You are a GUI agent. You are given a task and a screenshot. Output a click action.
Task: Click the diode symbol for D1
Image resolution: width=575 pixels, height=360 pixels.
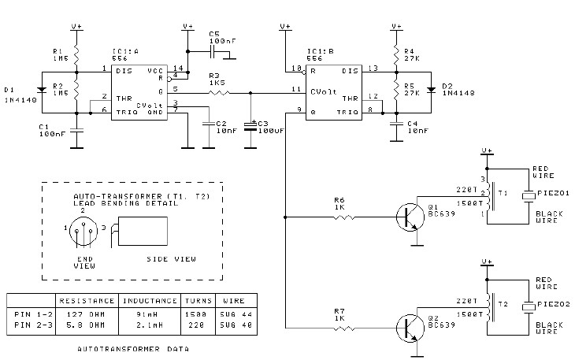42,90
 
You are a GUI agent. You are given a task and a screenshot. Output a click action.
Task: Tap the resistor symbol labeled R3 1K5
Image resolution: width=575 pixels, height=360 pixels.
220,93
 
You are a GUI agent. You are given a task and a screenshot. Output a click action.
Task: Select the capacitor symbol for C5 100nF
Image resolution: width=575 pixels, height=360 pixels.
213,52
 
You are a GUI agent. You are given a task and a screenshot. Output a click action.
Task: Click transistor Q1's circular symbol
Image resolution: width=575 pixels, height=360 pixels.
410,217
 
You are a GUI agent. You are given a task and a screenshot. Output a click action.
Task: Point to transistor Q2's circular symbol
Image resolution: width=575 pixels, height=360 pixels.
410,328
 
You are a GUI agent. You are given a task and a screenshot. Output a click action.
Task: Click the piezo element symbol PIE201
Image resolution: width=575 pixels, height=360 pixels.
529,195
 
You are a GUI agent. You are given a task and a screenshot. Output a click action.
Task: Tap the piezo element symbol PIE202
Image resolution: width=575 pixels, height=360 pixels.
529,307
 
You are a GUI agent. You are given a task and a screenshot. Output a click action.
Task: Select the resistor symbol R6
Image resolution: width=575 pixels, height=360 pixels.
344,217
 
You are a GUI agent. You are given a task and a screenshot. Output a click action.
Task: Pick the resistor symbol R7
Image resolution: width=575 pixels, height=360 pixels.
344,328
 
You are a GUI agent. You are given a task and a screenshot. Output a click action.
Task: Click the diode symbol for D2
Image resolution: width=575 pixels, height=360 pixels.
432,90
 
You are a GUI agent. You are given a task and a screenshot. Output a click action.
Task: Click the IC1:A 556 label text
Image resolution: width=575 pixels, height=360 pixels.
126,55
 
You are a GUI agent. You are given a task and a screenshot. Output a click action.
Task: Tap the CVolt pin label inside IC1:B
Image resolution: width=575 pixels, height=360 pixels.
324,91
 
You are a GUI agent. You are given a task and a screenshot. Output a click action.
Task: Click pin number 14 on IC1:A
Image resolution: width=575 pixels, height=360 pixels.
178,68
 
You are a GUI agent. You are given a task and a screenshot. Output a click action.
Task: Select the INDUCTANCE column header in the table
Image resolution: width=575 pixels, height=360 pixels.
150,301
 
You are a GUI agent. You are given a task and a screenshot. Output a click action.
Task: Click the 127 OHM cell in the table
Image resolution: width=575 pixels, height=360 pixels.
86,314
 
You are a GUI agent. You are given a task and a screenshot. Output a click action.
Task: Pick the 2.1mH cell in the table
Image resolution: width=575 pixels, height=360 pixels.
149,325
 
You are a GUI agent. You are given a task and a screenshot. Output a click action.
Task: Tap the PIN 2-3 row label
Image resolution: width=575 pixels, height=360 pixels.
33,325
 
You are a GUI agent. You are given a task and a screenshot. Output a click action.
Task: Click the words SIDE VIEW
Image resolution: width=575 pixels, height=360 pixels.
171,259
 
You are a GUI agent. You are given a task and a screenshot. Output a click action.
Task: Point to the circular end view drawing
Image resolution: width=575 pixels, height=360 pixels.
83,231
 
